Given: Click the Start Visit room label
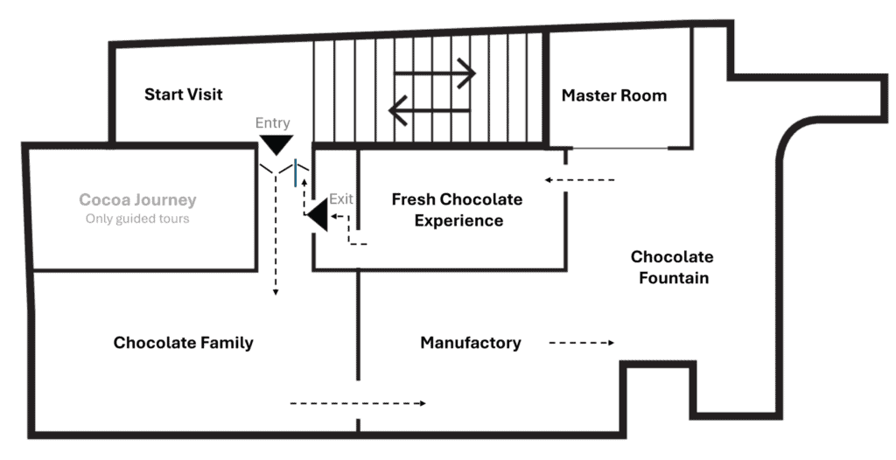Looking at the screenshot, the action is click(183, 94).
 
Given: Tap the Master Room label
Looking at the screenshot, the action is click(614, 95).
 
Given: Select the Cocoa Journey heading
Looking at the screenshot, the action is click(137, 200).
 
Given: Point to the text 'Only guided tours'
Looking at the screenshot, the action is click(137, 219).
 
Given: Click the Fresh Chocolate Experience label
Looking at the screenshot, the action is click(457, 210).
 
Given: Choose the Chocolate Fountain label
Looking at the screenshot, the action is click(672, 268).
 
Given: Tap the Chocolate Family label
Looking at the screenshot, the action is click(184, 342).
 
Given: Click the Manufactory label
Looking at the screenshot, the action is click(471, 343).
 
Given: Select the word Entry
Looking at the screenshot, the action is click(273, 122).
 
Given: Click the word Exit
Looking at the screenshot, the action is click(341, 199).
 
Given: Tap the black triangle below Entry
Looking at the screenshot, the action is click(276, 145).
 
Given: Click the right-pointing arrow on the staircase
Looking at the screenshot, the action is click(434, 73).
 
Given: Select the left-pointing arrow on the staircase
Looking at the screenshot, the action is click(429, 110).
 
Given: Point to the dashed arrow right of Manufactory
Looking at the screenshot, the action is click(582, 343).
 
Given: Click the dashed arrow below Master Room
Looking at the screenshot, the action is click(579, 180).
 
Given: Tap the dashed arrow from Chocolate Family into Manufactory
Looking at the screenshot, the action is click(358, 403).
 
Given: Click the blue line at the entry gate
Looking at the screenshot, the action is click(296, 172).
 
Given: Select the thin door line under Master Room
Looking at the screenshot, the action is click(620, 149).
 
